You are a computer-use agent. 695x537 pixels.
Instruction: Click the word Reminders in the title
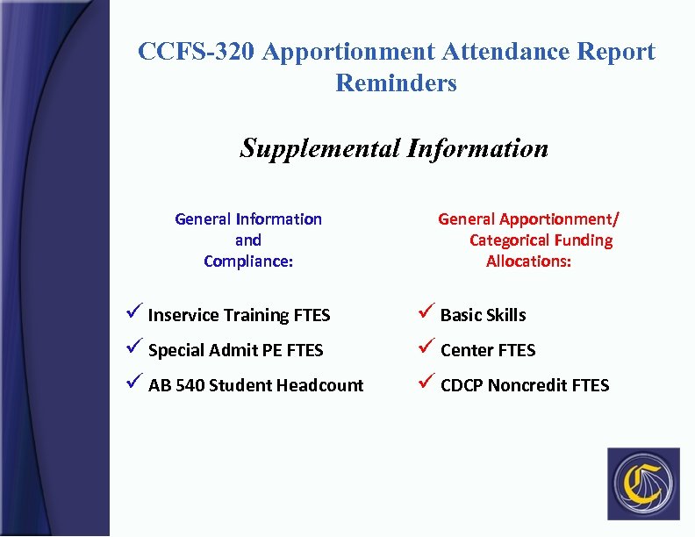[x=396, y=83]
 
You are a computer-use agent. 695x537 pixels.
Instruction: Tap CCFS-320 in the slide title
[x=197, y=52]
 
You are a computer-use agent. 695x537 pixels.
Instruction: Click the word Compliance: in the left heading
[x=248, y=261]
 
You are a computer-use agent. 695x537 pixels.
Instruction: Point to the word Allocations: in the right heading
[x=528, y=261]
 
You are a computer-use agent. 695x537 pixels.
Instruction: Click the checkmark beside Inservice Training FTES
[x=133, y=313]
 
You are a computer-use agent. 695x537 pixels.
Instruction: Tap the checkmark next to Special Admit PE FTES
[x=133, y=348]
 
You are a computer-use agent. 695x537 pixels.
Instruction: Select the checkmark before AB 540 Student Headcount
[x=133, y=383]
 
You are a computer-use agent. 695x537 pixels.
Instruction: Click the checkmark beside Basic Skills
[x=425, y=313]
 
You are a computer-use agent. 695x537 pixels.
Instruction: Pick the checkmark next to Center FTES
[x=425, y=348]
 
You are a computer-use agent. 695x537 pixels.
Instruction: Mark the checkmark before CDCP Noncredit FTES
[x=425, y=383]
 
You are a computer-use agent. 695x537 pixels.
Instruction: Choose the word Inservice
[x=183, y=315]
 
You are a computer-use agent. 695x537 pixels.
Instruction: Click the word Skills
[x=505, y=315]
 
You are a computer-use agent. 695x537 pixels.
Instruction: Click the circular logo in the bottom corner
[x=642, y=483]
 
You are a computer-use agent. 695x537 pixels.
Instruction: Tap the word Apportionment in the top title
[x=351, y=52]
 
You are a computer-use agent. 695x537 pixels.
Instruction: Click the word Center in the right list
[x=467, y=350]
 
